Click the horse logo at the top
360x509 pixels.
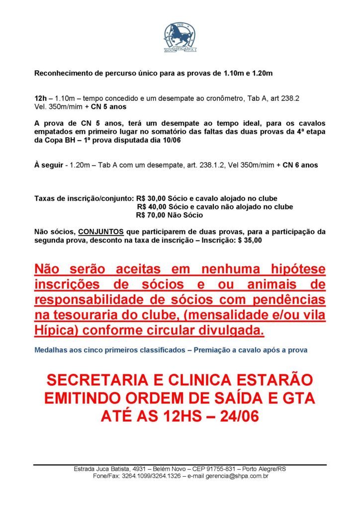pos(180,35)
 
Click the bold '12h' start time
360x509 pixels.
pos(40,99)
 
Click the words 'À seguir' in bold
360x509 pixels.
pos(48,165)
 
